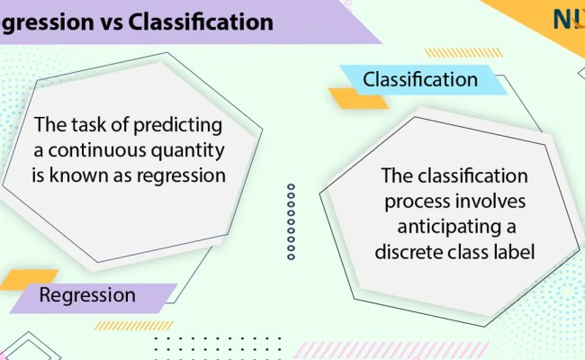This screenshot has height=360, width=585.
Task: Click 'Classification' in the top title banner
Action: pos(201,22)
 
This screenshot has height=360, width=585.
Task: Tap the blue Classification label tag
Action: pos(420,80)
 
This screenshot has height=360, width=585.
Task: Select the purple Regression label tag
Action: pos(99,295)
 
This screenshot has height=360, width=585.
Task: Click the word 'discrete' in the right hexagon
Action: pos(410,251)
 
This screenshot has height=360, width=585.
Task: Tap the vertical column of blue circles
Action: pos(291,221)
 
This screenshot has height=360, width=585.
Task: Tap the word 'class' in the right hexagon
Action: pos(469,251)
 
